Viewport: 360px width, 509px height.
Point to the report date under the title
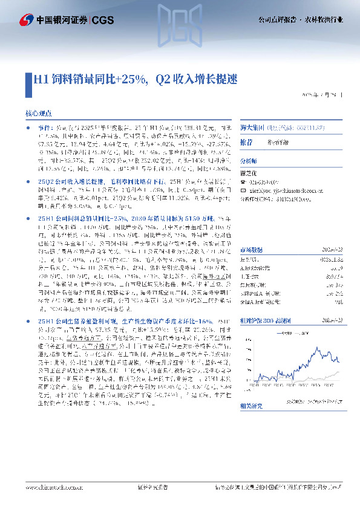324,96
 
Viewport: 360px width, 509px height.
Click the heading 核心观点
38,113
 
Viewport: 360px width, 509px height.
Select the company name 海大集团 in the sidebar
277,128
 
